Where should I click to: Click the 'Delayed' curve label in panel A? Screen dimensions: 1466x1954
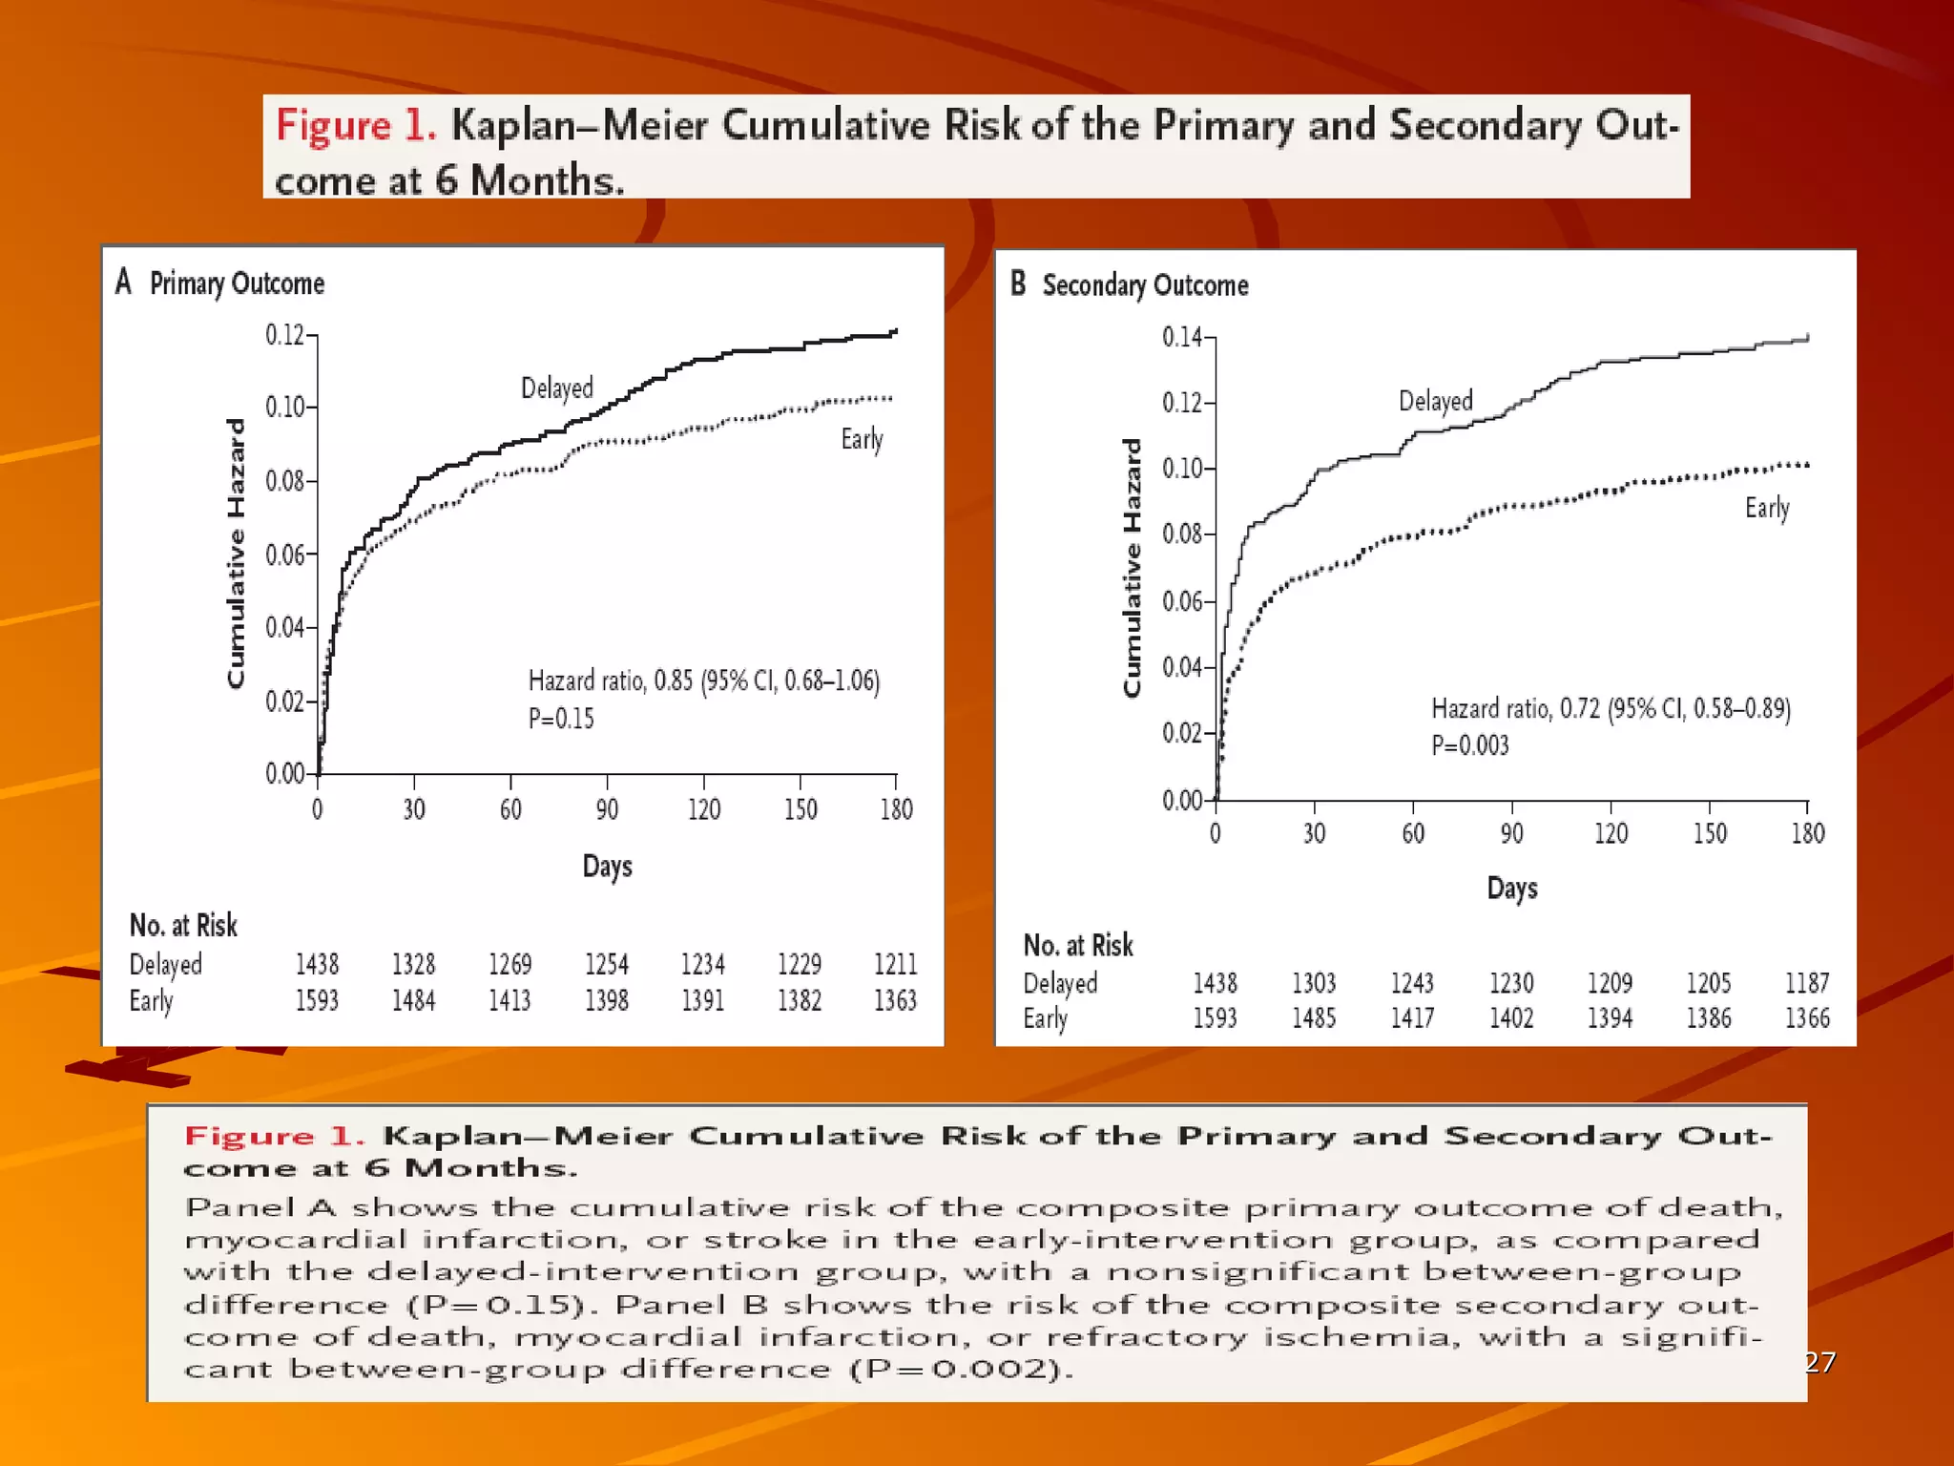tap(556, 388)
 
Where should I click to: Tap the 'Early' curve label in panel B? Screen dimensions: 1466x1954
tap(1766, 508)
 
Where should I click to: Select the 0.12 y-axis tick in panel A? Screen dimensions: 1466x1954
tap(284, 335)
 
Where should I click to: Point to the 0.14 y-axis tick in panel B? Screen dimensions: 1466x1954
tap(1181, 337)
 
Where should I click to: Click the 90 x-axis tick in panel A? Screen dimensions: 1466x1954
tap(607, 809)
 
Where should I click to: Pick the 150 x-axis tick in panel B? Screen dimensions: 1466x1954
tap(1709, 833)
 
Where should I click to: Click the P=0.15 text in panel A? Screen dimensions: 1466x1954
tap(561, 719)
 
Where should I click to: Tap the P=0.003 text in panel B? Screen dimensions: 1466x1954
tap(1469, 745)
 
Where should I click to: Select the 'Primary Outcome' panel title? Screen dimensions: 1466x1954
tap(237, 283)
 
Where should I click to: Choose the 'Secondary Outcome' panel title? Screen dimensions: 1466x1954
tap(1145, 285)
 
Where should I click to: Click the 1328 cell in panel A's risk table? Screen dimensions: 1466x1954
tap(413, 964)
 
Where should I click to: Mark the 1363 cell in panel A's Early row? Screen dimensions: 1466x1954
tap(895, 1000)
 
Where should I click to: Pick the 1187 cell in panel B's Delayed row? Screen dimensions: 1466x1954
tap(1806, 983)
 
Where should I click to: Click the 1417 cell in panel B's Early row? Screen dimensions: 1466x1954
tap(1412, 1018)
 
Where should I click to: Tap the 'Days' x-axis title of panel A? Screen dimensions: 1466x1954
tap(607, 867)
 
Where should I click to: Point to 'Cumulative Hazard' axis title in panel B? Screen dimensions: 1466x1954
tap(1132, 568)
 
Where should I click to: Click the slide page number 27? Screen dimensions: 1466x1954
tap(1819, 1362)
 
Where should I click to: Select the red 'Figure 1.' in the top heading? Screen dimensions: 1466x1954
tap(356, 126)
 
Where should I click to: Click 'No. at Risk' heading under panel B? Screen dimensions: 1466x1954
tap(1078, 946)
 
